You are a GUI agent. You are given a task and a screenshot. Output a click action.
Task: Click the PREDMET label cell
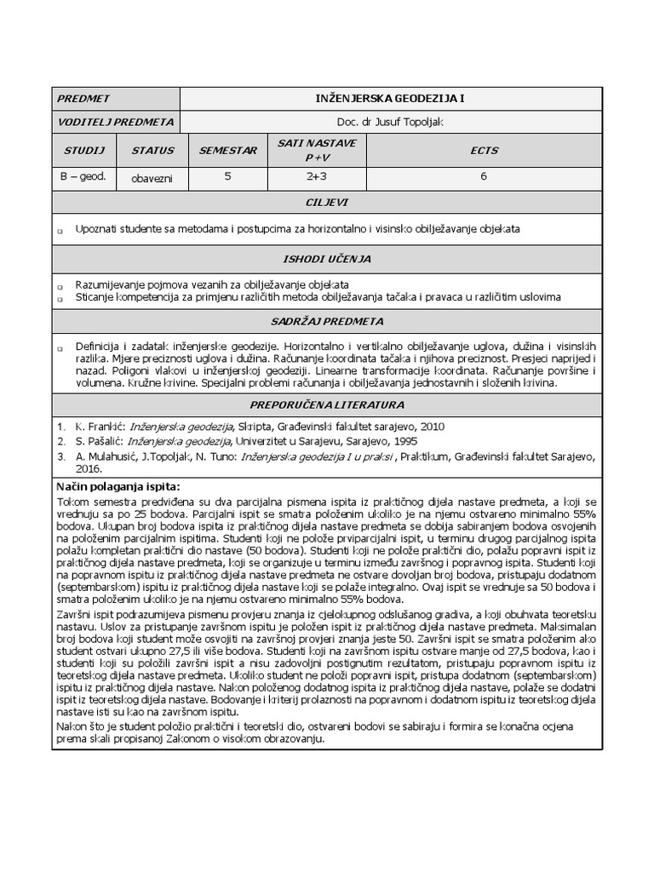(x=83, y=99)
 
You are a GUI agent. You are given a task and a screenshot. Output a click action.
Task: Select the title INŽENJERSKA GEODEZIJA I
(x=390, y=99)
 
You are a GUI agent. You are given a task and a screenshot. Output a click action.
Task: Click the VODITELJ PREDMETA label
(x=115, y=122)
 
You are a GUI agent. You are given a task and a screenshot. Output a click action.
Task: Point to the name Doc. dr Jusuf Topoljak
(x=390, y=122)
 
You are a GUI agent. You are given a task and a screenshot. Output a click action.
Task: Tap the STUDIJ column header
(x=83, y=150)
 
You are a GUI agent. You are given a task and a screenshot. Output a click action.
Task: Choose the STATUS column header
(x=152, y=150)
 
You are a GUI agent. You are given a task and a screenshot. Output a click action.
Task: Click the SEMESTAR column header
(x=227, y=150)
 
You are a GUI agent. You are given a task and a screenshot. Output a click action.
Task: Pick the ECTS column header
(x=484, y=150)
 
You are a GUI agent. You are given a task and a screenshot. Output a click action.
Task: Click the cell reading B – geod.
(x=83, y=178)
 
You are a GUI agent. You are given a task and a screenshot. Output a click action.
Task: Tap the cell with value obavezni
(x=152, y=180)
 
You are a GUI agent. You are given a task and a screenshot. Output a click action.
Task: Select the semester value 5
(x=227, y=178)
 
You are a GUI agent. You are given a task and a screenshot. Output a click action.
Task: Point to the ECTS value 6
(x=484, y=178)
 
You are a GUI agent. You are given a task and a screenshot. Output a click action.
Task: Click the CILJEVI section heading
(x=326, y=203)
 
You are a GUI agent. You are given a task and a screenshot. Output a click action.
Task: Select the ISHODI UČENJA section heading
(x=326, y=258)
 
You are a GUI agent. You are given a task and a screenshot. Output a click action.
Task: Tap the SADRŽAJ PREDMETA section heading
(x=326, y=321)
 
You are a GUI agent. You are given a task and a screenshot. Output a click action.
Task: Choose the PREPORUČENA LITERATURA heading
(x=326, y=404)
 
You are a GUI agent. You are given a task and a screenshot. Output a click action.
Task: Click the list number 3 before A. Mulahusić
(x=60, y=456)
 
